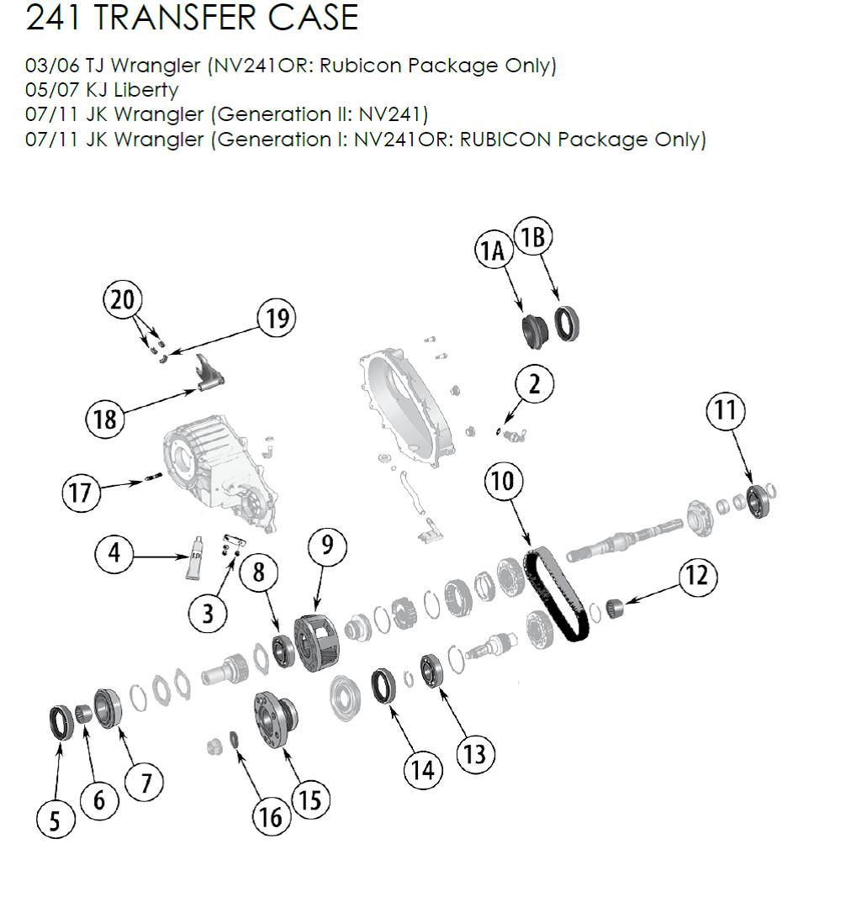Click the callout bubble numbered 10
[503, 481]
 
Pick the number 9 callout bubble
[327, 546]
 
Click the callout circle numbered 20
[123, 299]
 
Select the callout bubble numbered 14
[422, 768]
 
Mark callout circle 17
[80, 491]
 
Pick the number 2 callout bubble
[534, 384]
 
